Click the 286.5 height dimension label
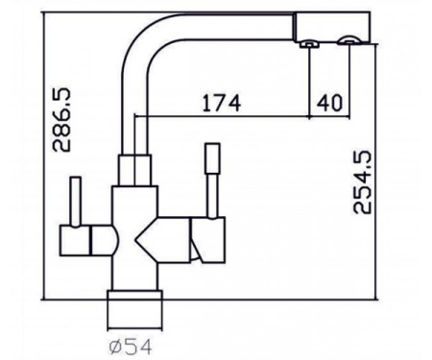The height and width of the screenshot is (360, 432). (x=61, y=120)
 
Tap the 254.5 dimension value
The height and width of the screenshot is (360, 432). (x=362, y=181)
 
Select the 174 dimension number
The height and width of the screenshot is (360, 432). (x=222, y=103)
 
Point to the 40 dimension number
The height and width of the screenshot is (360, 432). (x=329, y=103)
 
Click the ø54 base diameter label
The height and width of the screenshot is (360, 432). (x=130, y=347)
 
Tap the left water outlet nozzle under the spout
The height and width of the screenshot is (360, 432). (x=309, y=44)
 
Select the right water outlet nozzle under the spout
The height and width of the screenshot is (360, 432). (x=349, y=41)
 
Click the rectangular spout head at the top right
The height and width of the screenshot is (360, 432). (x=332, y=27)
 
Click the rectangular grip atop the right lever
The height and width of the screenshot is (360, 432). (x=212, y=158)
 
